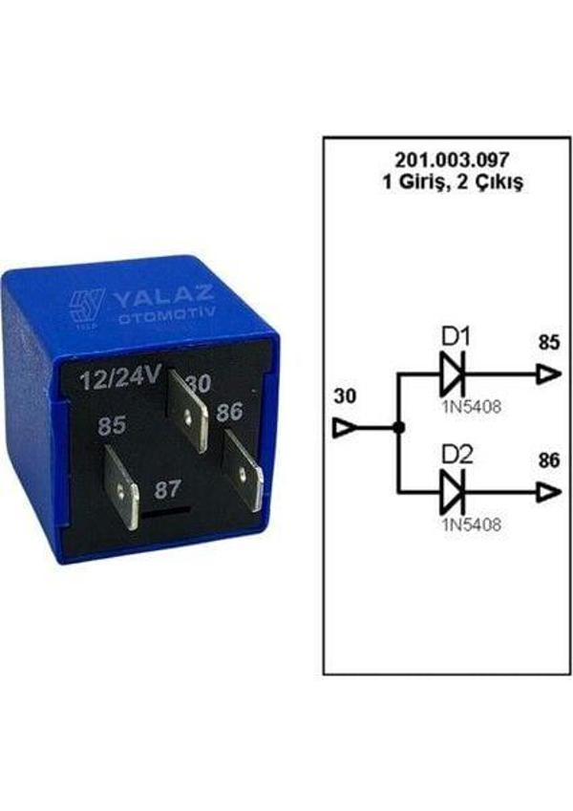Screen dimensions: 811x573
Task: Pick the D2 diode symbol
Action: coord(452,493)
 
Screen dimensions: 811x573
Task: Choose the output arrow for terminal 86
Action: coord(548,493)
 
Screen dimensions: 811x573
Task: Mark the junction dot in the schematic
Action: coord(399,430)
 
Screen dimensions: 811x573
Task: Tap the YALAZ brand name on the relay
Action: coord(165,299)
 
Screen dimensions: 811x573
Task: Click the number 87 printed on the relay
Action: coord(168,489)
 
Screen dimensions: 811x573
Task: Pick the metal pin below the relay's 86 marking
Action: coord(244,471)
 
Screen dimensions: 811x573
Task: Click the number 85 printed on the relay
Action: coord(111,424)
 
